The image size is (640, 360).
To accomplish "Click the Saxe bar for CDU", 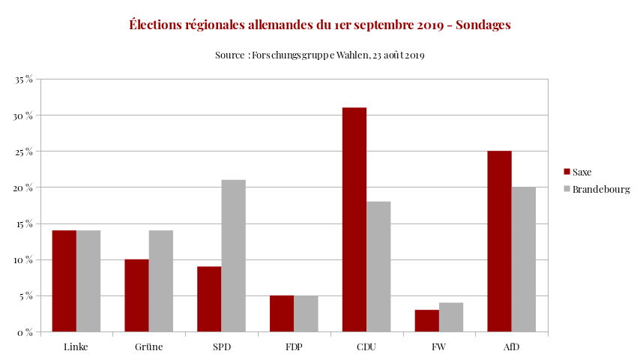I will coord(354,219).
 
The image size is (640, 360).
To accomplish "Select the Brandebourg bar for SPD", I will coord(233,256).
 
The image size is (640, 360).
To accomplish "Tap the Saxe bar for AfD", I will coord(499,241).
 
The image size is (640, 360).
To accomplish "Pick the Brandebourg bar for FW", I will coord(451,316).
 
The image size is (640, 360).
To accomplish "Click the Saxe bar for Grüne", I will coord(136,295).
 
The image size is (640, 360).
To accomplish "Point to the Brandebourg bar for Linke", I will coord(88,280).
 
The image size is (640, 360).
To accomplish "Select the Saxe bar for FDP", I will coord(282,313).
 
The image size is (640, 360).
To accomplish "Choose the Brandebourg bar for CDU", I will coord(378,266).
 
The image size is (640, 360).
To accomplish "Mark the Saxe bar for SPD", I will coord(209,298).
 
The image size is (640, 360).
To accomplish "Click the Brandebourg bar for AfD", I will coord(524,259).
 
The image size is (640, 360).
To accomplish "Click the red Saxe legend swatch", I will coord(567,172).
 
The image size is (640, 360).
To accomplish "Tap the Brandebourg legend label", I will coord(601,189).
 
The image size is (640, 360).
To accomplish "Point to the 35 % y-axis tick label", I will coord(24,79).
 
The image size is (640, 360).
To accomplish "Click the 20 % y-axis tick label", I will coord(24,187).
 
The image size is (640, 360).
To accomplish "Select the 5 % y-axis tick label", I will coord(26,295).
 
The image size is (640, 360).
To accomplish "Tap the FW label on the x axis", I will coord(439,347).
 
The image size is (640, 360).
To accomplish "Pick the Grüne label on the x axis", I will coord(149,347).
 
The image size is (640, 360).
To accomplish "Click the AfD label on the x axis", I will coord(511,347).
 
